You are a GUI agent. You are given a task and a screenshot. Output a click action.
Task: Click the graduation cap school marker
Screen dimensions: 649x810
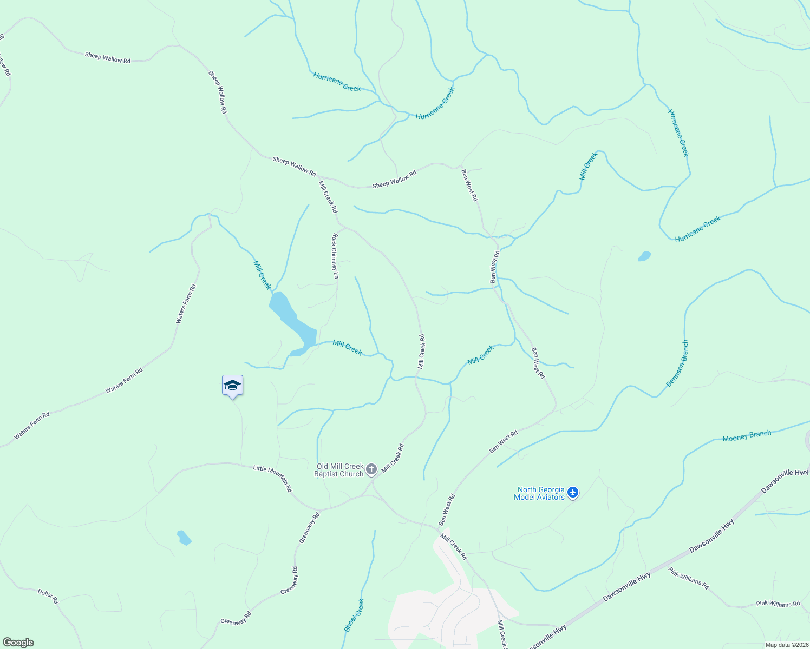[x=232, y=386]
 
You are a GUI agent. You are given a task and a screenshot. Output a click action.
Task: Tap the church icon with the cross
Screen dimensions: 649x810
[x=371, y=469]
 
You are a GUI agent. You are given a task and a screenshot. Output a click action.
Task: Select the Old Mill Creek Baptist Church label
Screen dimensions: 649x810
[x=339, y=470]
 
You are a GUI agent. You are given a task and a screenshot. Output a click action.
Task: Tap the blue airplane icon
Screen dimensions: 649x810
[x=573, y=493]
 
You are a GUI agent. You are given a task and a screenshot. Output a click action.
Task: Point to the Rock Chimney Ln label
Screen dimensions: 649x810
[x=336, y=256]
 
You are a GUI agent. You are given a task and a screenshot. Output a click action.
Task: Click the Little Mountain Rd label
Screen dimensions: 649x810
[x=273, y=478]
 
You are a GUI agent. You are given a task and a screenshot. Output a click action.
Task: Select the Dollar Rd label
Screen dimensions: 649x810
[x=48, y=596]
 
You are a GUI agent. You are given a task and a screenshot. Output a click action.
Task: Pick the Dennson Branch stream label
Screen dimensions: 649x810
[x=677, y=363]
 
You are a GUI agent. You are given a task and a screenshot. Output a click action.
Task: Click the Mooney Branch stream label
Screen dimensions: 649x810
[x=747, y=436]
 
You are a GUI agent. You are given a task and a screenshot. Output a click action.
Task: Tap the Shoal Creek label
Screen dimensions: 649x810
[x=354, y=615]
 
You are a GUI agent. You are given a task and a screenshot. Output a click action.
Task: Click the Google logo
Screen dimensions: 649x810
[x=18, y=643]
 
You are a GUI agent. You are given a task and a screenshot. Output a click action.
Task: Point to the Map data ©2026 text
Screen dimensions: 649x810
[x=786, y=645]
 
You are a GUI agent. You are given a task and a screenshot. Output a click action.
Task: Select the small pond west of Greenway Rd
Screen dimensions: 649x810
[x=184, y=538]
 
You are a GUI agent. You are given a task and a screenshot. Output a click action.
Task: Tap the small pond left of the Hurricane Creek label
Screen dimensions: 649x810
[x=644, y=256]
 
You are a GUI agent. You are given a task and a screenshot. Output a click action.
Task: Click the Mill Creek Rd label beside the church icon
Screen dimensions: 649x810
[x=393, y=458]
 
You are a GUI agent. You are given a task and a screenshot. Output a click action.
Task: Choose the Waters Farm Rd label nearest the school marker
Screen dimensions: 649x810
[x=124, y=380]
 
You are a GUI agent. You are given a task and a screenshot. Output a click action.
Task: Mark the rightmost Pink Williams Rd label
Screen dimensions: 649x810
[x=778, y=604]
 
